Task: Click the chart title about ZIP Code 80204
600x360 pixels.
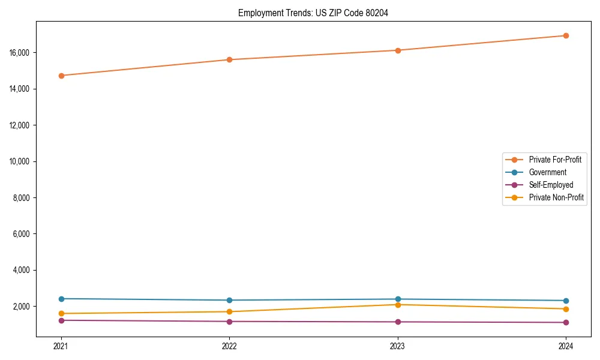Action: tap(313, 13)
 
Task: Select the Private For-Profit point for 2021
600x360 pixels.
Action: tap(61, 76)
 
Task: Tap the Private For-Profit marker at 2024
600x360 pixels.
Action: tap(566, 35)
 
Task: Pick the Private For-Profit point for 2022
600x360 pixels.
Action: tap(229, 59)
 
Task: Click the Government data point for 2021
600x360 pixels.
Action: tap(61, 299)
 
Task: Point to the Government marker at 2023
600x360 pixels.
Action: tap(398, 299)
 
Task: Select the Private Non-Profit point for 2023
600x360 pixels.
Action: tap(398, 305)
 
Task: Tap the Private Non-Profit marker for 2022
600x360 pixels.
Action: tap(229, 311)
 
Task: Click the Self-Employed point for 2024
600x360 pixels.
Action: tap(566, 322)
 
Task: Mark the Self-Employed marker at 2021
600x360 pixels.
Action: tap(61, 320)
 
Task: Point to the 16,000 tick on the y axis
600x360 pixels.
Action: tap(22, 53)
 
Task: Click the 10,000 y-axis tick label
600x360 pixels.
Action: tap(22, 161)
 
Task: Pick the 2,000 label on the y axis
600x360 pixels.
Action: tap(23, 307)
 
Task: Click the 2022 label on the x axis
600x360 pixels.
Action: tap(229, 346)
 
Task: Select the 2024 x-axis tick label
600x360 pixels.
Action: tap(566, 346)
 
